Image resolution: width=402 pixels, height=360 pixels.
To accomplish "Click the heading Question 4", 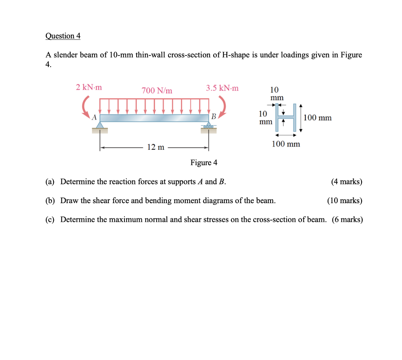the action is pos(63,36).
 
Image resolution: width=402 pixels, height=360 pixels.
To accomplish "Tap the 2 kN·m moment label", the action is pos(89,87).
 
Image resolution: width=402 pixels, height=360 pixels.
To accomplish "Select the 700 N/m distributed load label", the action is pos(157,91).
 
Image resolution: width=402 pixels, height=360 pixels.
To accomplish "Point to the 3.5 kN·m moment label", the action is pos(222,87).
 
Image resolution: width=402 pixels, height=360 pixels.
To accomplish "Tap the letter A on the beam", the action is pos(94,117).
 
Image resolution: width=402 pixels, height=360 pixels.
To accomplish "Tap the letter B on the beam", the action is pos(214,116).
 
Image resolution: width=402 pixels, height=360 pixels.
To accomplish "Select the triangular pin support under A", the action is pos(100,125).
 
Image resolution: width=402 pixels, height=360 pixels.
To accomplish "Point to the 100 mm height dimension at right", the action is pos(318,118).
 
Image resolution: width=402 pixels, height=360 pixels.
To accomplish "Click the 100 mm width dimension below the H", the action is pos(286,144).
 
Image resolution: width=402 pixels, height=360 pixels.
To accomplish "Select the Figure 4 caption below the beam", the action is pos(204,162).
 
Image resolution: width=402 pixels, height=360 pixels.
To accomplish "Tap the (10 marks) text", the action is pos(345,200).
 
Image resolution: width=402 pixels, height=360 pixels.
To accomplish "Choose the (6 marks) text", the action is pos(347,219).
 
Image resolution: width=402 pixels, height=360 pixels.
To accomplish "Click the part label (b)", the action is pos(50,200).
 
